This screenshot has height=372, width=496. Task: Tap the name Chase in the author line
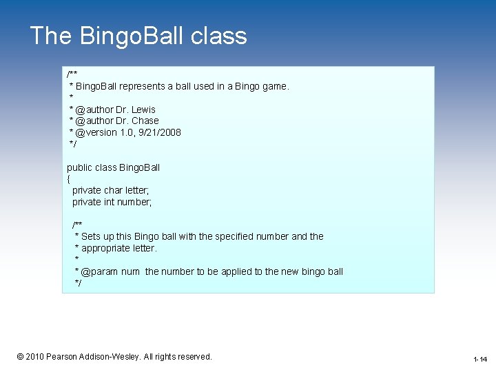point(145,121)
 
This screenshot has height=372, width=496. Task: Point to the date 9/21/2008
point(159,132)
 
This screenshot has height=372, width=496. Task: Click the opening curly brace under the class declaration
point(69,179)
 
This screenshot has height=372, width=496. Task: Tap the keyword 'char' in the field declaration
point(114,190)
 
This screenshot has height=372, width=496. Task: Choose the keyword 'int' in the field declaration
point(111,202)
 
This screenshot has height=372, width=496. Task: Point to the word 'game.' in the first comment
point(275,87)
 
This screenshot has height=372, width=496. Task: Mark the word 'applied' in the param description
point(238,271)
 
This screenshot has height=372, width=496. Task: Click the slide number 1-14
point(480,360)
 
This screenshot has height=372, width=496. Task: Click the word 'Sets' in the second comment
point(91,236)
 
